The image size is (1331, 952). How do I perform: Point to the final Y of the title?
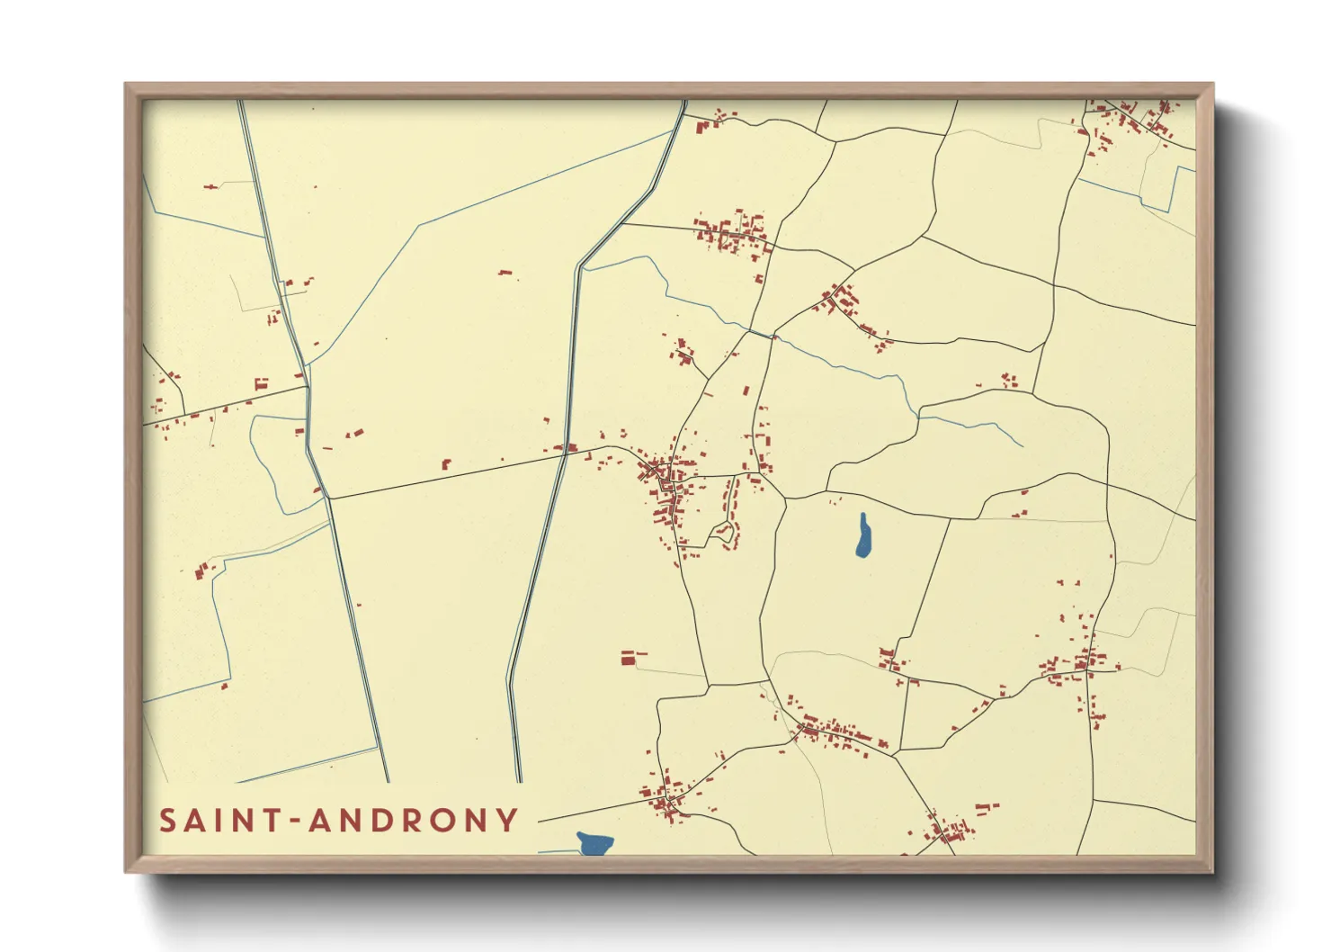point(509,821)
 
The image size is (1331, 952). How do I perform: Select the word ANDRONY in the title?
point(413,821)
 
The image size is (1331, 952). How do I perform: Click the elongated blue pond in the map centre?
point(863,536)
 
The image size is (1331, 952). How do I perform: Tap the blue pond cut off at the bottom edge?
point(594,844)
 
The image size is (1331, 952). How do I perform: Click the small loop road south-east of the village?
point(726,534)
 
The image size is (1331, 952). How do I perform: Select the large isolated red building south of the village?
point(629,659)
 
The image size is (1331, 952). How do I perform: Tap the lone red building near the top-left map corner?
point(211,186)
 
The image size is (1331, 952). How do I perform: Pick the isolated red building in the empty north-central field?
point(505,271)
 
